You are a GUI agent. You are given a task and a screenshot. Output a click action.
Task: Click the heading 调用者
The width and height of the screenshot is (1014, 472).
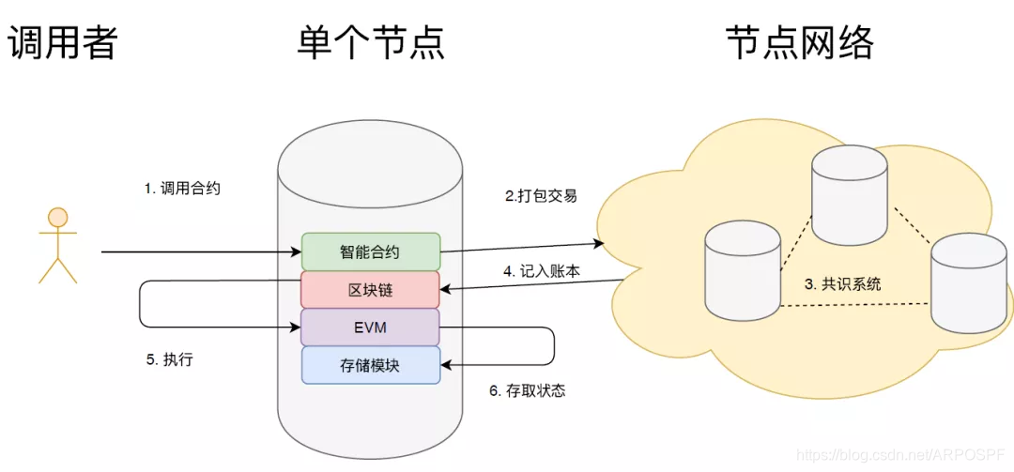(63, 43)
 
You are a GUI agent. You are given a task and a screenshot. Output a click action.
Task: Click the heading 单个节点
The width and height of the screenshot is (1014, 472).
(371, 43)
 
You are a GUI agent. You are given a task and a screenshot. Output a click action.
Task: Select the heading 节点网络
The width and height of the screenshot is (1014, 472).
(800, 43)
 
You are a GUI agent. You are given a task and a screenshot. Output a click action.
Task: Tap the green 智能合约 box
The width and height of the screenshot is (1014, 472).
(371, 251)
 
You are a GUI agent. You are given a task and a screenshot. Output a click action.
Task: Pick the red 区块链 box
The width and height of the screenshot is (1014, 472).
(371, 290)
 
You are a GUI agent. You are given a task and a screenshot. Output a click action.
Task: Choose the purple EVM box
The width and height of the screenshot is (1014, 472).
(371, 327)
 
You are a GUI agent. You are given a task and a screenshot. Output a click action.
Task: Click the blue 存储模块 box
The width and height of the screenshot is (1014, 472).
(371, 365)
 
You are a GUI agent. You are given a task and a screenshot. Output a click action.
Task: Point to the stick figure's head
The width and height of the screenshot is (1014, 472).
(58, 218)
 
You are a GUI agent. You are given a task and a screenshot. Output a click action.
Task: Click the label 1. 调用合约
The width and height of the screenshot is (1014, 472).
(182, 188)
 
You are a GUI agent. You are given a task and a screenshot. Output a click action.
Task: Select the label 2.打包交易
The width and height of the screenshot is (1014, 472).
(541, 196)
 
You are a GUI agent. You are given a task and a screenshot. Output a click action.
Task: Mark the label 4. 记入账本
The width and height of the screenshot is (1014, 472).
(541, 270)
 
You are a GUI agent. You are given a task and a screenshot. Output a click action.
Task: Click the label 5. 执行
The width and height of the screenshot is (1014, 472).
(169, 359)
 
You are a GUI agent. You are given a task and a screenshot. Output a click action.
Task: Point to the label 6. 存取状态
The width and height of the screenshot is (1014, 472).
(528, 390)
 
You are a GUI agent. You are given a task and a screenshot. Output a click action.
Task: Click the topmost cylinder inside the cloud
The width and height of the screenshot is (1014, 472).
(850, 194)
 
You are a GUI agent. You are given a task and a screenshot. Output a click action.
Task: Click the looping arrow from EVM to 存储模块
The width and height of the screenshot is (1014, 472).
(553, 346)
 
